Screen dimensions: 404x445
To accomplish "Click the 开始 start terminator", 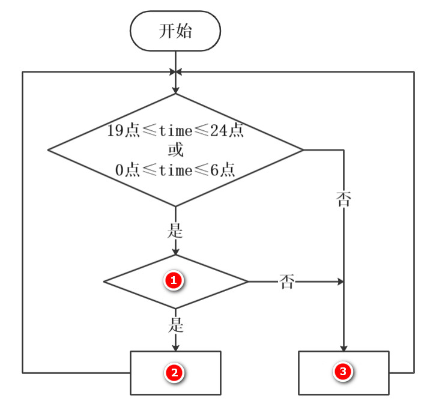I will point(175,31).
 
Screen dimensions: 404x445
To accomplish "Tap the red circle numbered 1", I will point(174,280).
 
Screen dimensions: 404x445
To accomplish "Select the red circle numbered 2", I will point(174,373).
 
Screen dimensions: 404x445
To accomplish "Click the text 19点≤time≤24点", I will point(175,131).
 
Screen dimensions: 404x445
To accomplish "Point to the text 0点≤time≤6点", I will point(175,170).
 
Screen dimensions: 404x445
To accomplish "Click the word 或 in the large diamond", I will point(175,149).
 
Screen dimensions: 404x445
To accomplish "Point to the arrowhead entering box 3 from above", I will point(344,348).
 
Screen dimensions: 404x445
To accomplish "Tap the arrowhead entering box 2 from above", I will point(175,348).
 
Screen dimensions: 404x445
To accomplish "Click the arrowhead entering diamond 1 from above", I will point(175,251).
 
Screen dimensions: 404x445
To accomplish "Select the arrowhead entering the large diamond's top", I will point(175,89).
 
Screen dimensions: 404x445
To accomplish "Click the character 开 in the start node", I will point(166,31).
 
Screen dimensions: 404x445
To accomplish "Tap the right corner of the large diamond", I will point(303,149).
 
